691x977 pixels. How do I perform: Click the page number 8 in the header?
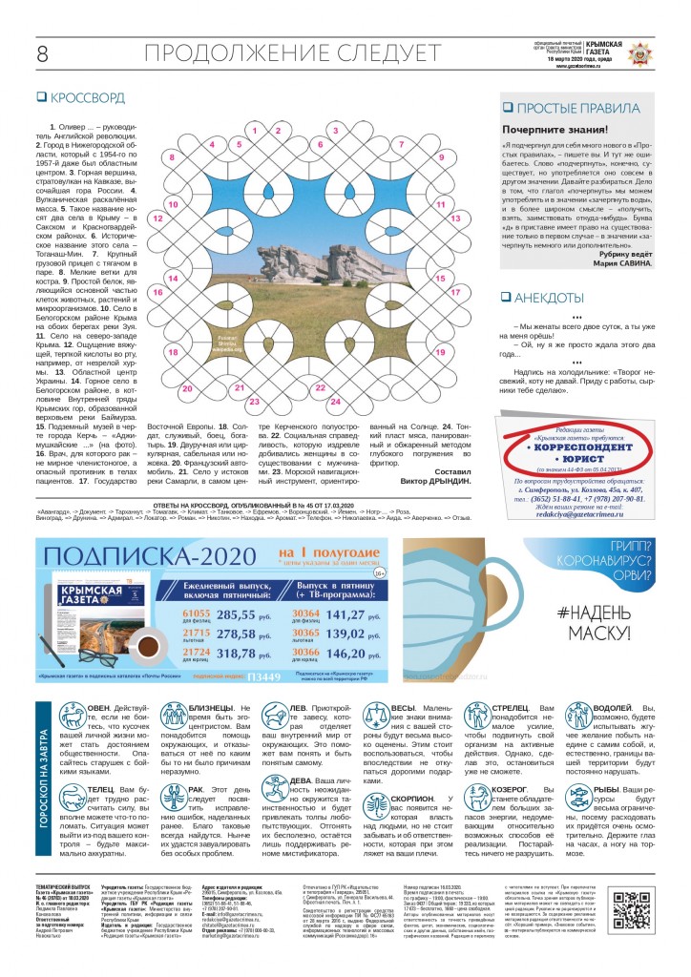click(x=42, y=54)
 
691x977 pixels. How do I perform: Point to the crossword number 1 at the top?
click(x=256, y=128)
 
